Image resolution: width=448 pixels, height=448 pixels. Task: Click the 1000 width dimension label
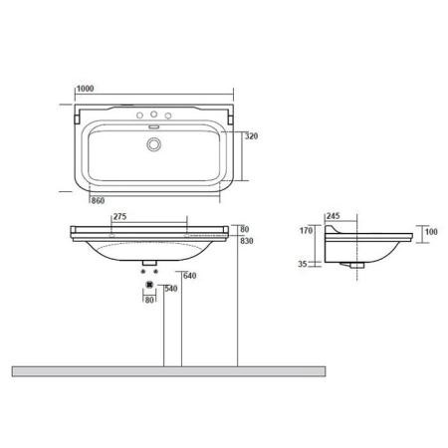click(86, 89)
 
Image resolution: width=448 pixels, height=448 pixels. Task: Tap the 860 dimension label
click(98, 200)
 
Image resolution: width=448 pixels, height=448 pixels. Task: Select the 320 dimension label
click(251, 136)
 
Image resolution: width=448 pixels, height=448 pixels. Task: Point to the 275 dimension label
click(120, 217)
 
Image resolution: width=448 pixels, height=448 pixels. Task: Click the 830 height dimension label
click(247, 241)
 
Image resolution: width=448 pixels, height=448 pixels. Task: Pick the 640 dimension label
click(190, 276)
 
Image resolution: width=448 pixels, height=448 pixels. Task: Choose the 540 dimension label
click(171, 289)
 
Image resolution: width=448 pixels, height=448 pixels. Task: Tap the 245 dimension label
click(333, 216)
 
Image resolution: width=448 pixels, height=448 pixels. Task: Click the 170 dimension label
click(306, 230)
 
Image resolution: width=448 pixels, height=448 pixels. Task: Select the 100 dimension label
click(431, 232)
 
